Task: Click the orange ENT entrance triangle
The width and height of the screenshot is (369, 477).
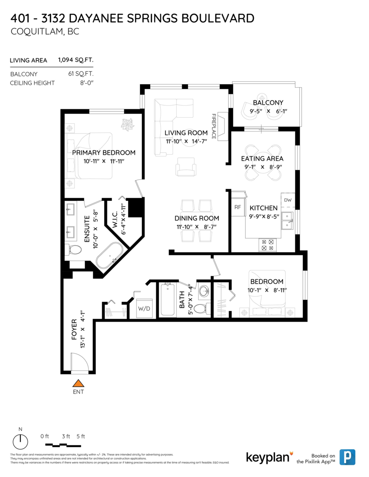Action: coord(79,383)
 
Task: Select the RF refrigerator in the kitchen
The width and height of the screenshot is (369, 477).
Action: coord(238,207)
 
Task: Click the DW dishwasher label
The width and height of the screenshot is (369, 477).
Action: coord(288,200)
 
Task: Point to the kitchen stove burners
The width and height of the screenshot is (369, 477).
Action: coord(267,244)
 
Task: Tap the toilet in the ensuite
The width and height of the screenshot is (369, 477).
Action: coord(74,250)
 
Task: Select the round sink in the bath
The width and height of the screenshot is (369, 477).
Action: coord(204,291)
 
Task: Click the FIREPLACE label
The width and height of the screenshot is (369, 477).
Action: coord(214,126)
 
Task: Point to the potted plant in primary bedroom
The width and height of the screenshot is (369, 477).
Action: coord(128,124)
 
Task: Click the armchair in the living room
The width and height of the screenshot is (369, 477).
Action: coord(185,166)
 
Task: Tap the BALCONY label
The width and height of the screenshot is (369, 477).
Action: coord(268,103)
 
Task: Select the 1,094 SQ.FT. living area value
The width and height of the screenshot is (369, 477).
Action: coord(76,60)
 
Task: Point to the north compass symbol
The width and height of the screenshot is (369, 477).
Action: coord(20,441)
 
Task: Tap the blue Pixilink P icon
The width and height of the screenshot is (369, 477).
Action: coord(349,457)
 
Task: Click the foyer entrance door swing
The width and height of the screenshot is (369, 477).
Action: coord(79,363)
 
